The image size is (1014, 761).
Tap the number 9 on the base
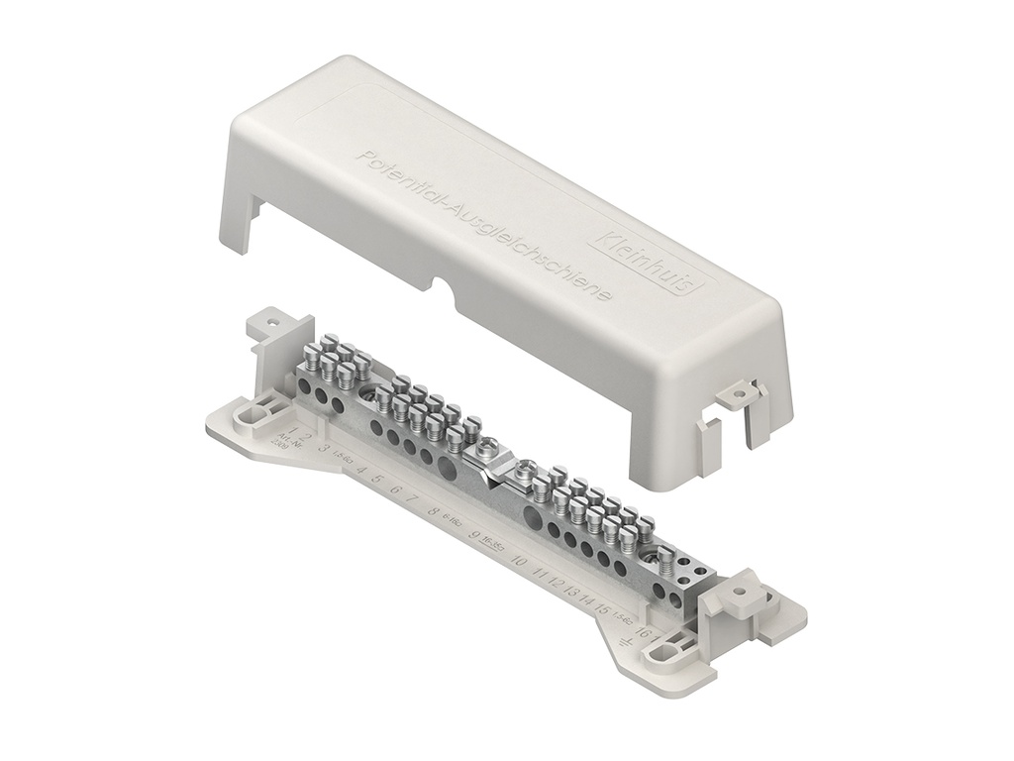pos(476,538)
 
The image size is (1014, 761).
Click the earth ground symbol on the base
pos(625,645)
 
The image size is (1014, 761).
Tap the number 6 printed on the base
pos(395,490)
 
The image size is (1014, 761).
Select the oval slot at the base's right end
pos(661,655)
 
